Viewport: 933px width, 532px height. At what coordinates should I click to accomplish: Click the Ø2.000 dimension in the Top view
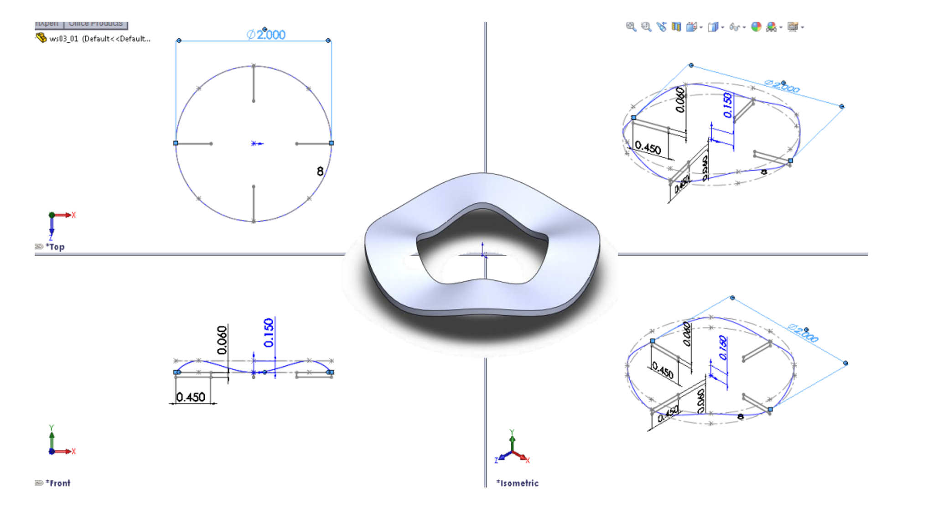pyautogui.click(x=266, y=35)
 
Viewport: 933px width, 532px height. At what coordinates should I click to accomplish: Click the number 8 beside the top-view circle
pyautogui.click(x=320, y=171)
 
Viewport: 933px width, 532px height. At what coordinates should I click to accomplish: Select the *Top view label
pyautogui.click(x=57, y=247)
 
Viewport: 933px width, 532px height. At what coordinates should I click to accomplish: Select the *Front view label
pyautogui.click(x=59, y=483)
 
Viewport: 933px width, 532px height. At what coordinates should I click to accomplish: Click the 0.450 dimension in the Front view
pyautogui.click(x=191, y=397)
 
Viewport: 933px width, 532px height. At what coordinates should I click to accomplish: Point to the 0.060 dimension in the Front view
pyautogui.click(x=222, y=340)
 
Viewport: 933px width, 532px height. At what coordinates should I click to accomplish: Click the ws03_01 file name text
pyautogui.click(x=64, y=39)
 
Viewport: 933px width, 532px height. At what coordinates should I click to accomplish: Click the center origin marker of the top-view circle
pyautogui.click(x=254, y=144)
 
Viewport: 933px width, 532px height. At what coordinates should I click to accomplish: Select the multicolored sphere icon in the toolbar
pyautogui.click(x=756, y=27)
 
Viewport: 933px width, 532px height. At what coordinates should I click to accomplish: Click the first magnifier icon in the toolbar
pyautogui.click(x=631, y=27)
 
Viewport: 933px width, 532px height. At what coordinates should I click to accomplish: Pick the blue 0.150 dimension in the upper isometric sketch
pyautogui.click(x=728, y=105)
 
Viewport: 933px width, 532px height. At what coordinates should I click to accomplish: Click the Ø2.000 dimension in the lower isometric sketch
pyautogui.click(x=803, y=333)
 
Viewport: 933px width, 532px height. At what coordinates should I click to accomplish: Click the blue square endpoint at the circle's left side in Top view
pyautogui.click(x=176, y=143)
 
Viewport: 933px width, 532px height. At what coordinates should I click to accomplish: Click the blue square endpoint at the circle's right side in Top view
pyautogui.click(x=332, y=143)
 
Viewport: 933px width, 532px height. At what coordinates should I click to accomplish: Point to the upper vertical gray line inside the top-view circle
pyautogui.click(x=254, y=83)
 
